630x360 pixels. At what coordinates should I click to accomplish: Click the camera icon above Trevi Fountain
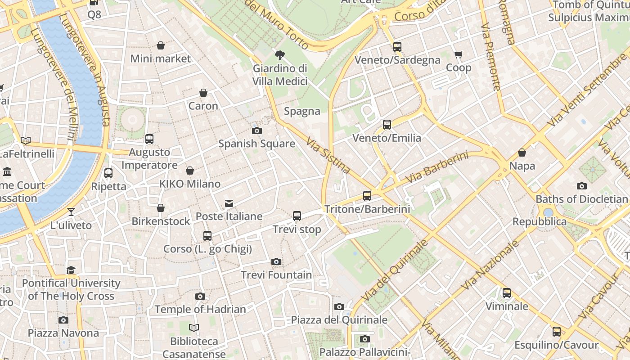276,261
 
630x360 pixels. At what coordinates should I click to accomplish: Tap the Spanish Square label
256,144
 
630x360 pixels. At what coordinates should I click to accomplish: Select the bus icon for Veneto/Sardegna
397,46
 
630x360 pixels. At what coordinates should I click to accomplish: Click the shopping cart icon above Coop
458,55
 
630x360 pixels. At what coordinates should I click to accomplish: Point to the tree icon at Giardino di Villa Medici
280,55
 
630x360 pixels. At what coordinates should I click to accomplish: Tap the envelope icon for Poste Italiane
229,203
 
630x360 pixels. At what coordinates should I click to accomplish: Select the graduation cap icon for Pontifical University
71,270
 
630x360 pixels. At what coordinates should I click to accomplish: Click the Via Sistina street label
328,156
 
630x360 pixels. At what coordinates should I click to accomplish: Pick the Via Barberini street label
436,168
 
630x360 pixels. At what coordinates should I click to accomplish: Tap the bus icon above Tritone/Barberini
367,196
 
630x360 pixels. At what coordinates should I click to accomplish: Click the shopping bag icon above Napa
522,153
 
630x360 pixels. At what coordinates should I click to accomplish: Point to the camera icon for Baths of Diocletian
581,186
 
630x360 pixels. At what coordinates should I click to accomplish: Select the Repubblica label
540,221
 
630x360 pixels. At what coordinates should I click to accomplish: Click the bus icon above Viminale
507,293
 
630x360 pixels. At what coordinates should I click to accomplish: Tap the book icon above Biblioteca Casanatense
194,328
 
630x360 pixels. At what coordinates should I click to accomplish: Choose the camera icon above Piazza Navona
63,320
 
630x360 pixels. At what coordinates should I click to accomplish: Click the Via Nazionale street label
490,265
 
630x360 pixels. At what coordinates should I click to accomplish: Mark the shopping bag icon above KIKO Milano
190,171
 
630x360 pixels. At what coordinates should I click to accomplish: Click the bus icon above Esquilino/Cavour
557,332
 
